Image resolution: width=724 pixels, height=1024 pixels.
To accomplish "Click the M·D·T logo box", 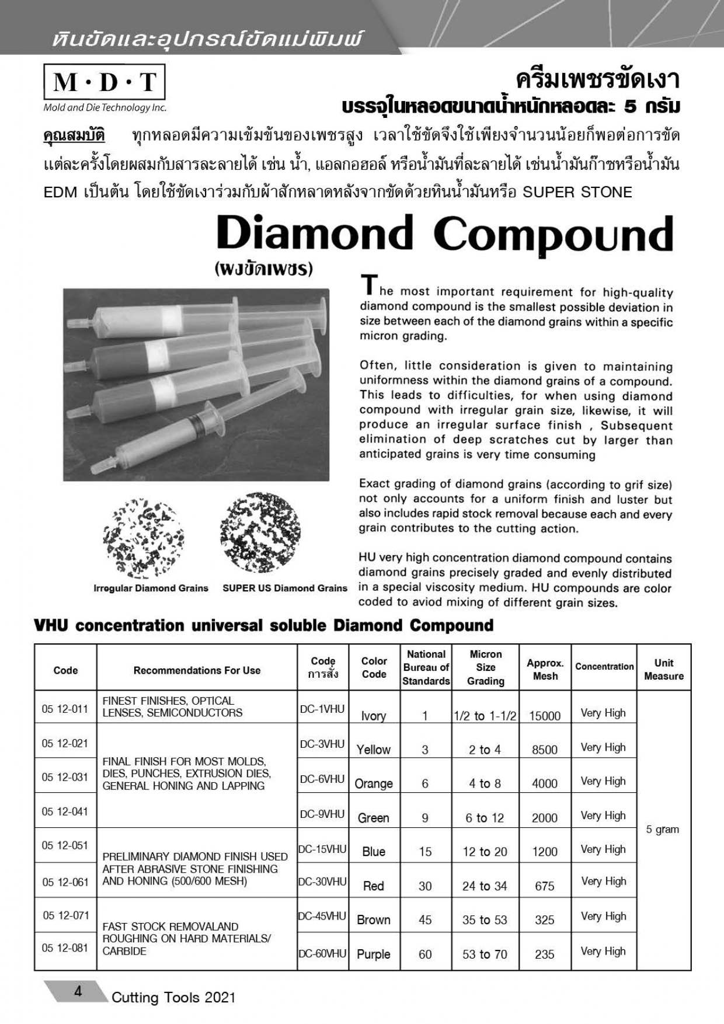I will [x=105, y=82].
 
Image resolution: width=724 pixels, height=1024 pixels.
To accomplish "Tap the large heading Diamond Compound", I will [x=445, y=234].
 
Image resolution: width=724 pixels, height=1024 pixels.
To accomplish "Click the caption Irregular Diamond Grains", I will [x=151, y=588].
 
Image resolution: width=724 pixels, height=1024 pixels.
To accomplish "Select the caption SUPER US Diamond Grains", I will [x=285, y=588].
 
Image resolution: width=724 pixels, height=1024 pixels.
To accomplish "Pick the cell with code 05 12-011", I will [x=65, y=709].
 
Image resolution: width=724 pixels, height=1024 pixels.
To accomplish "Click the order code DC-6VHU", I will [x=322, y=779].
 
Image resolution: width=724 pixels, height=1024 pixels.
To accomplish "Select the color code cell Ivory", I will [x=374, y=716].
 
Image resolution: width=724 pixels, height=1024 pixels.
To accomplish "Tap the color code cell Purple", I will [x=374, y=954].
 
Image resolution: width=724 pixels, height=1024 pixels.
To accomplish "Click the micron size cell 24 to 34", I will [x=485, y=886].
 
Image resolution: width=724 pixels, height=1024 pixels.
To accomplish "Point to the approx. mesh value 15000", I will [x=545, y=716].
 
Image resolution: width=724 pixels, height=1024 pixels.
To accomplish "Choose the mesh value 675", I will [x=545, y=886].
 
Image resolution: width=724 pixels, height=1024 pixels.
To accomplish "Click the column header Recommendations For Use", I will [x=197, y=670].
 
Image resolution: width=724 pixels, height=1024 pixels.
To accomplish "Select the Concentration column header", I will [x=604, y=666].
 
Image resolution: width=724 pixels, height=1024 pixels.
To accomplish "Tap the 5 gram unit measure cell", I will [x=663, y=829].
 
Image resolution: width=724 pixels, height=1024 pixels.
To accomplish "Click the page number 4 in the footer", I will [x=78, y=991].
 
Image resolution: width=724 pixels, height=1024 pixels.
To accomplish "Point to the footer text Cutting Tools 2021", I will [x=173, y=997].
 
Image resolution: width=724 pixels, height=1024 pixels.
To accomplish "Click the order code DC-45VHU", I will [x=322, y=916].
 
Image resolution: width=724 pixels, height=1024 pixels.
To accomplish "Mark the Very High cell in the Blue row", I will [x=603, y=849].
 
